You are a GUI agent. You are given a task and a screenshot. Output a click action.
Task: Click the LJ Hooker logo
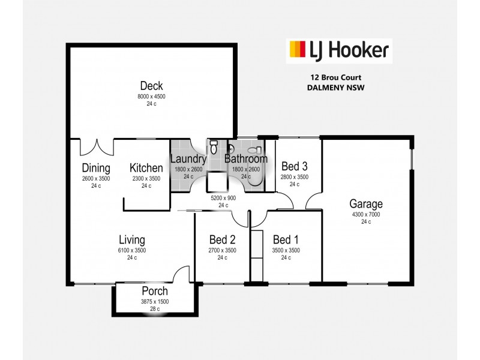(x=339, y=50)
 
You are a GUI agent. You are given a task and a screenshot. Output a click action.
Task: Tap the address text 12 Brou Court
(x=335, y=77)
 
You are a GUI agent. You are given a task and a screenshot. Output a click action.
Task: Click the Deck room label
(x=151, y=86)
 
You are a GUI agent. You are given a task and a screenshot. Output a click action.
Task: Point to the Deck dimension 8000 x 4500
(x=151, y=96)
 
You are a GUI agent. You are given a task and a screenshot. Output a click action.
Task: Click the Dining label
(x=96, y=168)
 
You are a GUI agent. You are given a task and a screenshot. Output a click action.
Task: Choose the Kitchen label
(x=146, y=168)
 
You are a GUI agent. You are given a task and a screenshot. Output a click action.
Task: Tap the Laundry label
(x=188, y=159)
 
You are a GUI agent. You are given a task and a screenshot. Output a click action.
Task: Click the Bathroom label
(x=246, y=159)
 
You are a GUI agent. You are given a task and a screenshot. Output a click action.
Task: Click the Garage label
(x=366, y=204)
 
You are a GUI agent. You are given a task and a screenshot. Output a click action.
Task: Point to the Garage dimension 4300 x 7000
(x=366, y=214)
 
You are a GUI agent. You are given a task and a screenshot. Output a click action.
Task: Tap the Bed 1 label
(x=286, y=239)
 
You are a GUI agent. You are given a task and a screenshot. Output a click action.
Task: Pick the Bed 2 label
(x=222, y=239)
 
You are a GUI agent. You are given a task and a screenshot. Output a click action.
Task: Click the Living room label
(x=132, y=240)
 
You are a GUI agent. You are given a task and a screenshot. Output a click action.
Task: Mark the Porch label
(x=155, y=291)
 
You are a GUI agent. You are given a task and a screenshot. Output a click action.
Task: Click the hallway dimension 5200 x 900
(x=223, y=197)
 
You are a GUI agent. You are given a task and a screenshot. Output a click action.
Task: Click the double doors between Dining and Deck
(x=97, y=146)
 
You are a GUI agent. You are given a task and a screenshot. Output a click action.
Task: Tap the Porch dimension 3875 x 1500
(x=155, y=301)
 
